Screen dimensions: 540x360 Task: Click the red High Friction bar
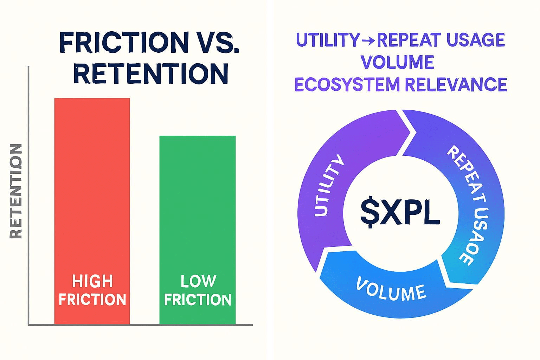tap(92, 211)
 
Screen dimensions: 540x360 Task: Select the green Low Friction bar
tap(198, 230)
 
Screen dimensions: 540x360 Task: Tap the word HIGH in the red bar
tap(92, 281)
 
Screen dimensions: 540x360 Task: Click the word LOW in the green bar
tap(198, 281)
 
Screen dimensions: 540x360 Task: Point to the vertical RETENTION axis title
tap(16, 191)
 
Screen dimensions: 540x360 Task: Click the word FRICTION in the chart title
tap(123, 43)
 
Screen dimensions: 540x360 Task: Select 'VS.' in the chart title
tap(216, 43)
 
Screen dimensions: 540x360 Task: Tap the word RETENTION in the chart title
tap(151, 73)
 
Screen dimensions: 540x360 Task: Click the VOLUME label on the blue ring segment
tap(391, 289)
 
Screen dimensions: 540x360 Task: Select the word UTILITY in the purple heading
tap(328, 40)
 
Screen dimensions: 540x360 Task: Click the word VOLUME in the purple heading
tap(398, 62)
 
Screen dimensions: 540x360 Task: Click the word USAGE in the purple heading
tap(475, 40)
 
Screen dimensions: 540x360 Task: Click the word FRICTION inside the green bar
tap(198, 300)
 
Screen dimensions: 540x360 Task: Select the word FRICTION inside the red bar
tap(92, 300)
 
